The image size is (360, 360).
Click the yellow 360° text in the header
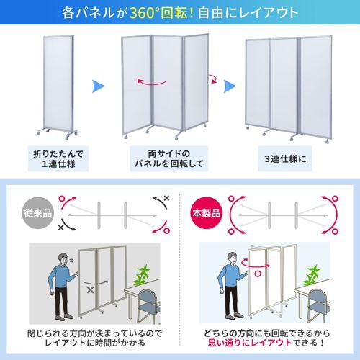[143, 12]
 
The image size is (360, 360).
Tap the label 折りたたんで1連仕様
[58, 158]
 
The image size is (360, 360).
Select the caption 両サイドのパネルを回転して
[169, 158]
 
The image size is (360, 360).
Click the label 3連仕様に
[285, 158]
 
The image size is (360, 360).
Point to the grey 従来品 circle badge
[37, 213]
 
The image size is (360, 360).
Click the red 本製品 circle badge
[207, 213]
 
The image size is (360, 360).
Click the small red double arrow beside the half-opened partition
[212, 78]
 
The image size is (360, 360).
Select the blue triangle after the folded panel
[98, 86]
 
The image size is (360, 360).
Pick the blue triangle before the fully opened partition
[230, 86]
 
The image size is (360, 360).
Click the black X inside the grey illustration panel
[90, 290]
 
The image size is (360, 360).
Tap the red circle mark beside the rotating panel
[258, 274]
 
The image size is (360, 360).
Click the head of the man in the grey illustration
[63, 259]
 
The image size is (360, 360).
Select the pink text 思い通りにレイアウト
[250, 343]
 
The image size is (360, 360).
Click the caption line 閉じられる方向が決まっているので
[95, 333]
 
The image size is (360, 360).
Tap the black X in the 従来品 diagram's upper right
[166, 198]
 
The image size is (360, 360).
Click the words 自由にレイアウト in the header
[248, 12]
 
